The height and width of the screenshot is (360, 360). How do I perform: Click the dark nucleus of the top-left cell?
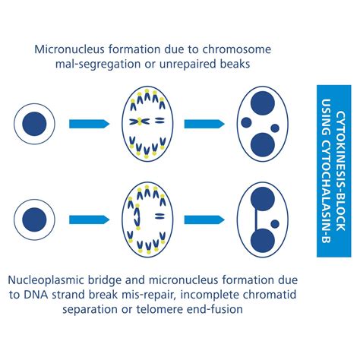33,123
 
